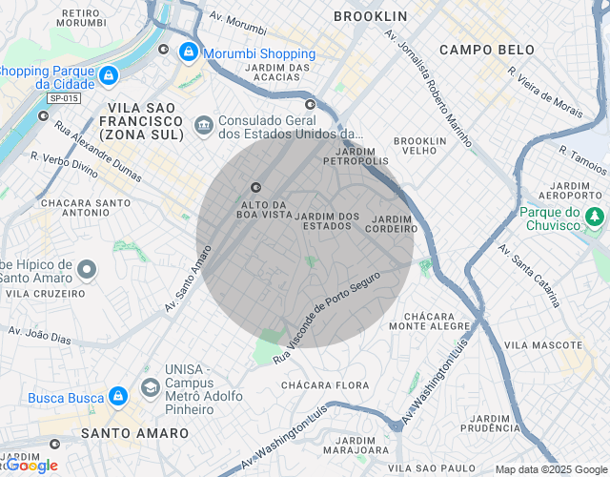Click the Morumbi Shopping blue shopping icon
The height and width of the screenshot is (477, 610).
coord(189,52)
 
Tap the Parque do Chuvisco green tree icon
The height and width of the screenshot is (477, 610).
coord(596,218)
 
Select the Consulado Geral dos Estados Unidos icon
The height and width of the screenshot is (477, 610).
coord(203,126)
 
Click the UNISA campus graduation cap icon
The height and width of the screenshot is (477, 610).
coord(150,387)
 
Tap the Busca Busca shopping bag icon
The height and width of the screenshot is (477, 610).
coord(116,395)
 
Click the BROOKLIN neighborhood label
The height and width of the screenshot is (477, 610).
coord(370,16)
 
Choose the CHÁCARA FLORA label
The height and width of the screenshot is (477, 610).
coord(325,385)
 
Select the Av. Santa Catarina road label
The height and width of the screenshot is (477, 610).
coord(529,276)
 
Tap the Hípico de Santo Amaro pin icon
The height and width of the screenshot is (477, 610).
coord(88,271)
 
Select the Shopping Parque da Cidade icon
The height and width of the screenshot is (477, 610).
coord(109,74)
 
